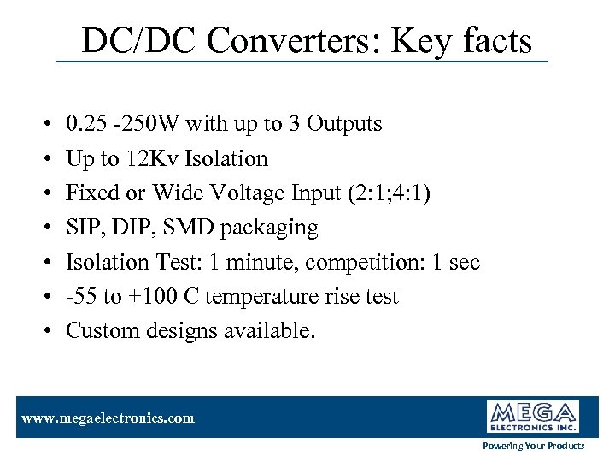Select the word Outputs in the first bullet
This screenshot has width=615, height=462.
tap(344, 124)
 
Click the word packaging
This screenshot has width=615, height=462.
tap(265, 228)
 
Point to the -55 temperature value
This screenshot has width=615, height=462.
tap(81, 297)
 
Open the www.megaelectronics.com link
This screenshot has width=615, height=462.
tap(108, 418)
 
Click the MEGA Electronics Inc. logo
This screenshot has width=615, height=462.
tap(533, 417)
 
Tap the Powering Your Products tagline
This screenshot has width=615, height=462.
tap(534, 446)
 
